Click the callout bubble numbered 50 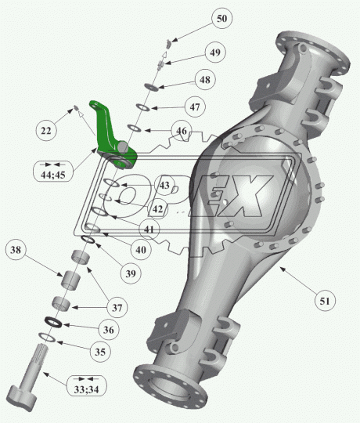221,19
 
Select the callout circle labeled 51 325,301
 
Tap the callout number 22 46,131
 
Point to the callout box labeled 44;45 53,171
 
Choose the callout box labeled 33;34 87,385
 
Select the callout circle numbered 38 16,250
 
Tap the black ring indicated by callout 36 53,322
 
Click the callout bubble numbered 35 100,352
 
